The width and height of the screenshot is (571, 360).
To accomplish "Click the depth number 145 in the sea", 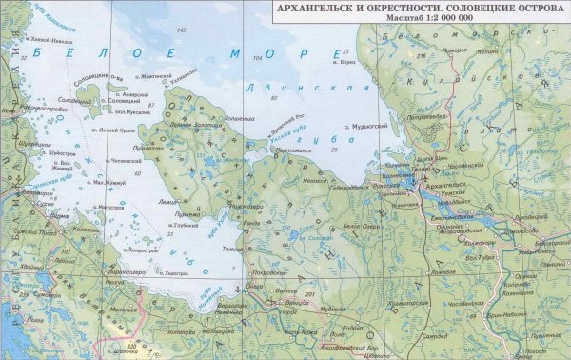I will point(181,31).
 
